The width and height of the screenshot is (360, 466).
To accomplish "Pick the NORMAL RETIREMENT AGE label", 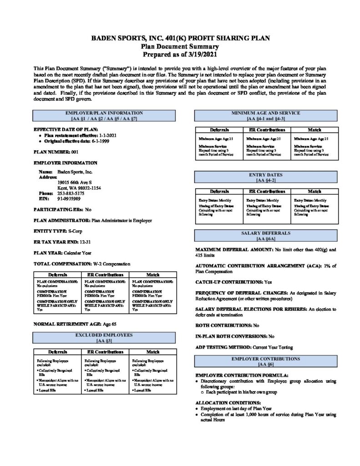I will (x=62, y=324).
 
